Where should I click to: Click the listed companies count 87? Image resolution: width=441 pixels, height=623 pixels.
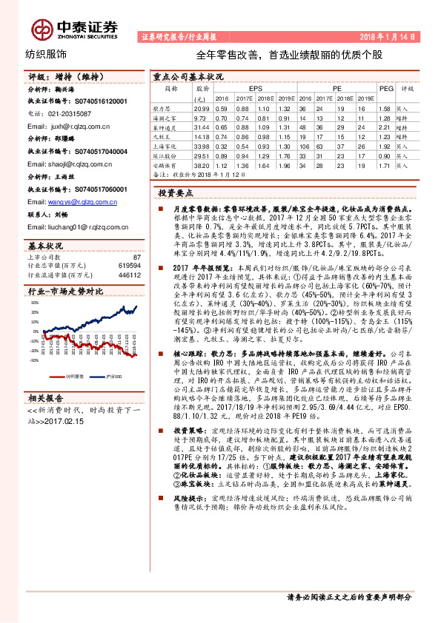tap(136, 256)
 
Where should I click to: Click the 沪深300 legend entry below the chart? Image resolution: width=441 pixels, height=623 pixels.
tap(110, 377)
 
